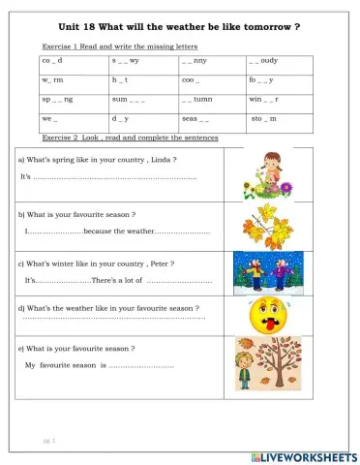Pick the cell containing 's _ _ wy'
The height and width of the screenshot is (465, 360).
click(126, 61)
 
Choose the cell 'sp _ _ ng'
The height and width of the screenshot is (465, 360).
click(58, 99)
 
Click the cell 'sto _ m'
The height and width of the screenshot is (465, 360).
click(263, 118)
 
